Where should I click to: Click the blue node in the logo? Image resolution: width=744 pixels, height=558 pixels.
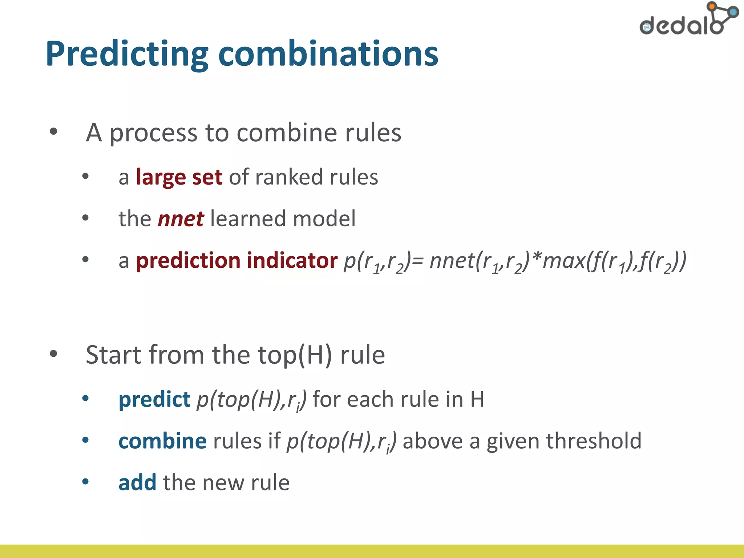[733, 12]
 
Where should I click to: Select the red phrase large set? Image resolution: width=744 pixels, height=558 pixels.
[179, 177]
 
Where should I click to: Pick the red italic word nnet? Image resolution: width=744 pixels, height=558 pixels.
[181, 219]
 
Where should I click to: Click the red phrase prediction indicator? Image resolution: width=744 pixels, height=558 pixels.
[236, 260]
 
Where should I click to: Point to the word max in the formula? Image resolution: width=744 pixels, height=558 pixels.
[563, 261]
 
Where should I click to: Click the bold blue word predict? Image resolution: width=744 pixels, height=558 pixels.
[154, 399]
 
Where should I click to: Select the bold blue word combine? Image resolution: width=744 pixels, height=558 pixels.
[162, 441]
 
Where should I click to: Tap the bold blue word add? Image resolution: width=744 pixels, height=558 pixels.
[137, 482]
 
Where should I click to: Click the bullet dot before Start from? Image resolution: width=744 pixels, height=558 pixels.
[53, 353]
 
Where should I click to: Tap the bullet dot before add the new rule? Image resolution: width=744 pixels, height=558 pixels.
[85, 482]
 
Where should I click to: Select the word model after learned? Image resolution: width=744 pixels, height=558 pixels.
[324, 219]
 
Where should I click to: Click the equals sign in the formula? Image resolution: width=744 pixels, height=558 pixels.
[418, 261]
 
